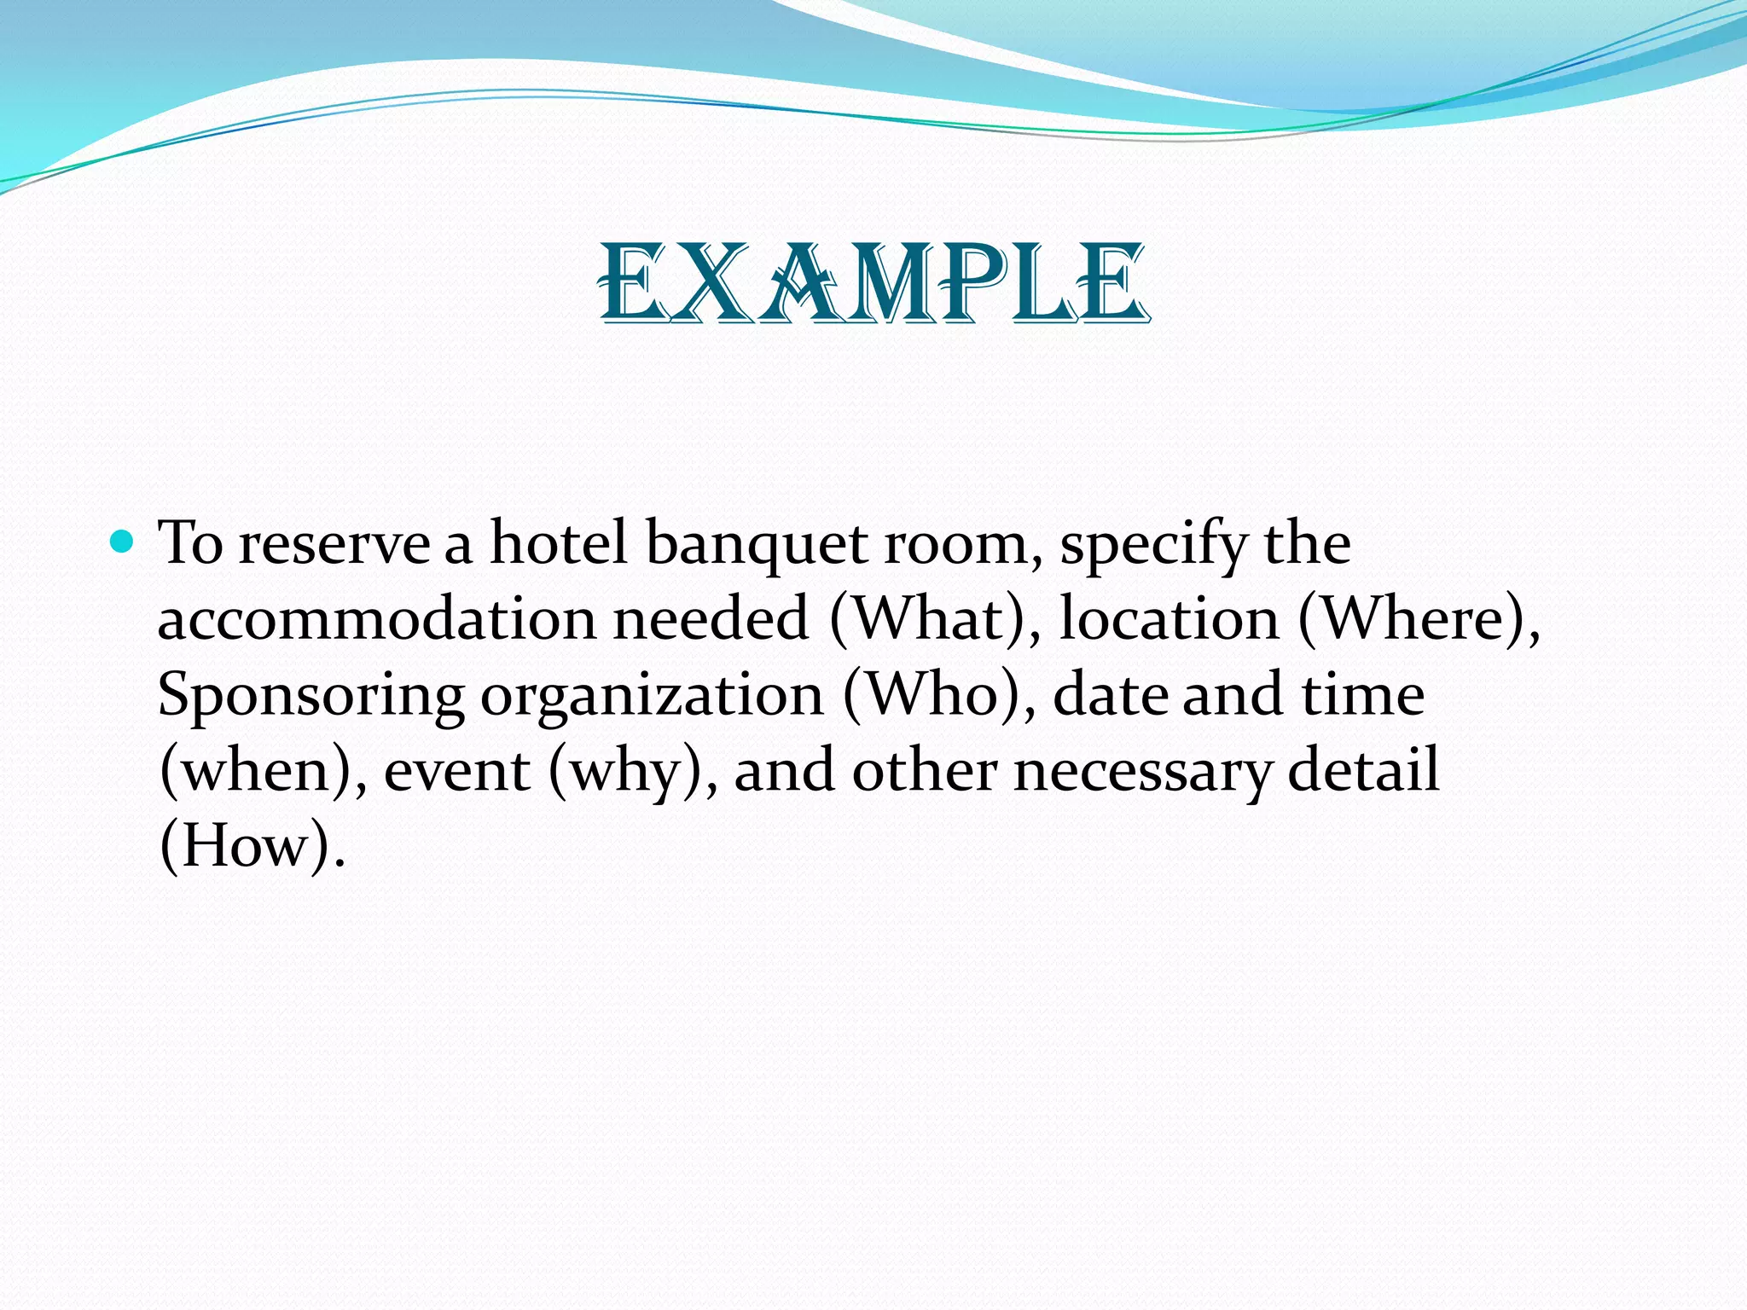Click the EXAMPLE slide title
click(873, 283)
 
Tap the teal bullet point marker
click(123, 542)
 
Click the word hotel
click(559, 542)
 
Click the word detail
click(1363, 769)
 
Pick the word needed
click(711, 619)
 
